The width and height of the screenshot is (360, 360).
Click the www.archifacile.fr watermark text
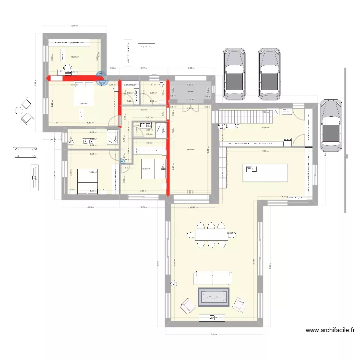coord(330,330)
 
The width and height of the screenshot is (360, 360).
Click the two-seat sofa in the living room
coord(213,277)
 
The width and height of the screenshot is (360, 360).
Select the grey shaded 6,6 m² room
coord(190,91)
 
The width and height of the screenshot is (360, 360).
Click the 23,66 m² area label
coord(190,150)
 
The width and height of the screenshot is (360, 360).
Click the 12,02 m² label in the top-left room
coord(74,57)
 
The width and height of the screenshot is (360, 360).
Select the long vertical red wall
coord(168,139)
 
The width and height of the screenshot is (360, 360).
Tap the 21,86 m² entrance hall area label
coord(265,128)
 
